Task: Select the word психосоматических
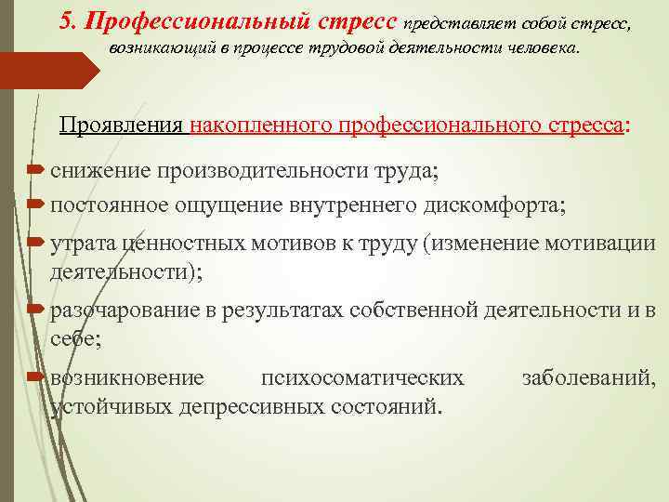pos(362,377)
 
